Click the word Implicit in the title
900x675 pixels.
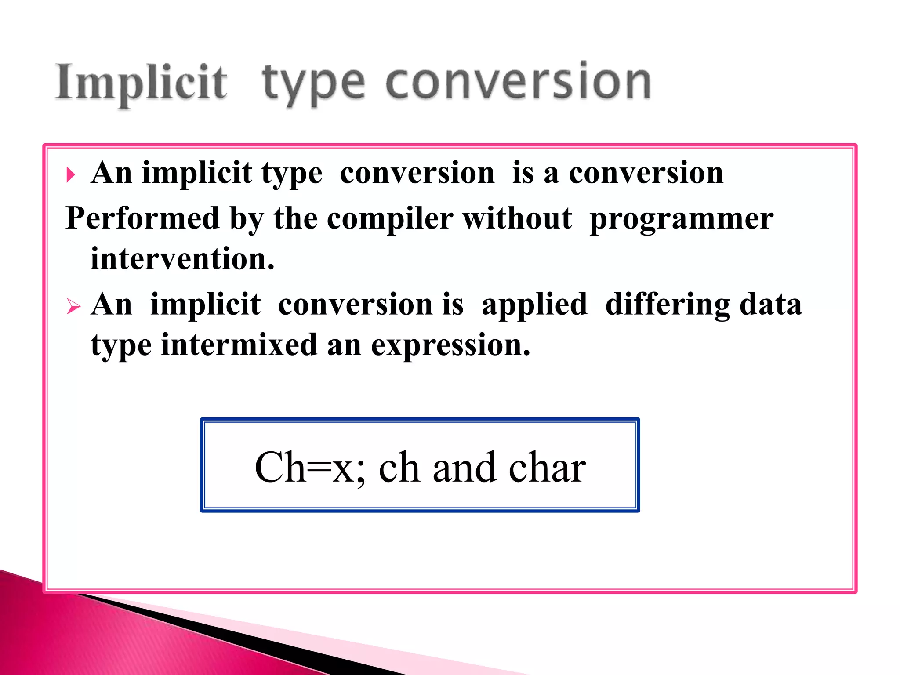pos(142,83)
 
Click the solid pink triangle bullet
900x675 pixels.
pos(71,175)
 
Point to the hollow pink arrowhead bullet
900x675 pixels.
pos(73,306)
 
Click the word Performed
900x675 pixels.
pos(142,218)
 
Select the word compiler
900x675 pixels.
pos(390,218)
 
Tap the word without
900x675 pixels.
pos(517,218)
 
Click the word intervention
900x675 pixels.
pos(182,258)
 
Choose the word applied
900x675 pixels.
pos(534,305)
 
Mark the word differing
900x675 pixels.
pos(668,305)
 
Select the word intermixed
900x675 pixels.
pos(239,345)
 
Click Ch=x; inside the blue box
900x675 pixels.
pos(310,468)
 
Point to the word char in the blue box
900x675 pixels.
pos(547,468)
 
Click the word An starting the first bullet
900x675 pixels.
pos(112,173)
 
